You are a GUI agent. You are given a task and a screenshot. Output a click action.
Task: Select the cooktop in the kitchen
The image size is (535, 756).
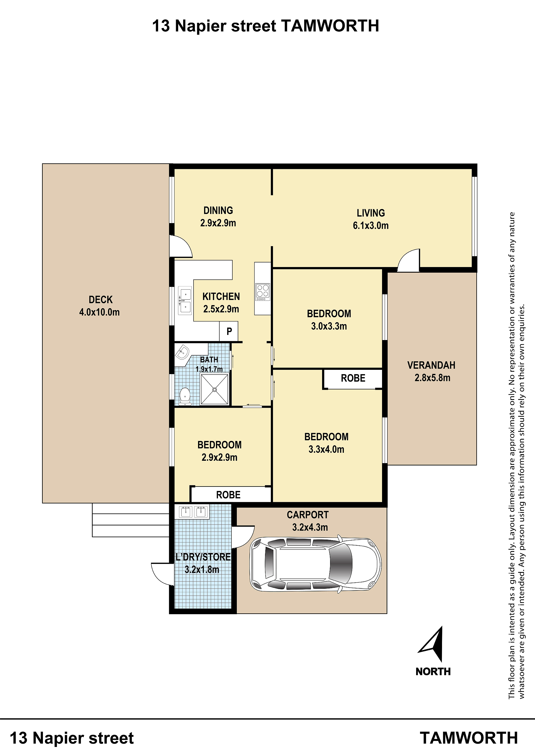coord(263,292)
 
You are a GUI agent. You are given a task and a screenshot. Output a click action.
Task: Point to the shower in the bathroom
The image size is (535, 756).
coord(215,389)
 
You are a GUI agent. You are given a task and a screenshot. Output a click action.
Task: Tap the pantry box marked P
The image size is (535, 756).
coord(229,331)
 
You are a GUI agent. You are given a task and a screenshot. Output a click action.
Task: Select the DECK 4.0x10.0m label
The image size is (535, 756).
coord(99,306)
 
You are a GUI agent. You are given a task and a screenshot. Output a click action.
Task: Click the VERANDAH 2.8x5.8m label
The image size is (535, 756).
coord(432,371)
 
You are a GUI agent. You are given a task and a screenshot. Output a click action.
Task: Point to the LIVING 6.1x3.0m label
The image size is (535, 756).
coord(371,219)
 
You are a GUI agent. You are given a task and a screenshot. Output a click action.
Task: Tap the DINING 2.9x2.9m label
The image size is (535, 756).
coord(218,217)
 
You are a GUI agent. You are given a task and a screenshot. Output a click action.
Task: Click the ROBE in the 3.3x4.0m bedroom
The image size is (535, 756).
coord(353,378)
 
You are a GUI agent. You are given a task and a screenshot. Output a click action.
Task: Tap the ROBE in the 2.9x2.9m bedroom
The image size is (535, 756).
coord(228,495)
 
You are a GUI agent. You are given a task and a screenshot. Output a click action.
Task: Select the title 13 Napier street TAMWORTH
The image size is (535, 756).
coord(266,26)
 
